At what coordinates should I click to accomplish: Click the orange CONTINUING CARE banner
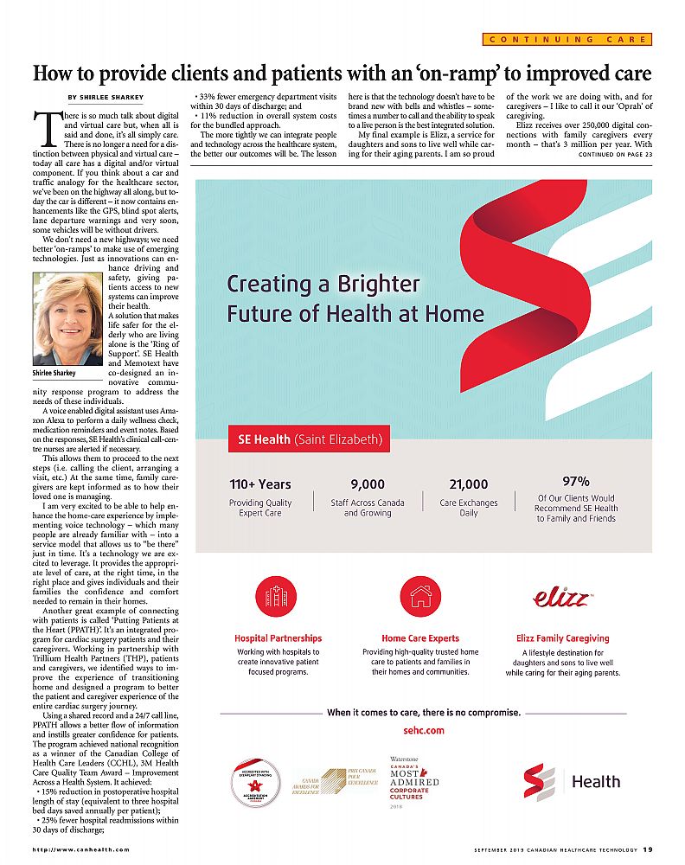click(566, 39)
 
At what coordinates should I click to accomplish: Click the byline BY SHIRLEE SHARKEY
click(106, 96)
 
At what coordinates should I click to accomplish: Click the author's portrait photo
click(67, 319)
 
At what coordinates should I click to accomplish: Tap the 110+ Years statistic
click(260, 484)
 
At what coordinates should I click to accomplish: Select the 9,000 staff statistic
click(367, 484)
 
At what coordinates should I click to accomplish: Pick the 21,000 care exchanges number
click(469, 484)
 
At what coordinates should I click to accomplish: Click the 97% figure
click(576, 481)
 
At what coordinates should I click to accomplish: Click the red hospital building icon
click(278, 596)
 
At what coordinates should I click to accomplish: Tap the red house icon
click(421, 596)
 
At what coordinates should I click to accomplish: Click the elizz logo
click(562, 597)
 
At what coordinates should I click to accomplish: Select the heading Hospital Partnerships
click(278, 638)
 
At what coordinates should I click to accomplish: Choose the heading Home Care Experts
click(420, 638)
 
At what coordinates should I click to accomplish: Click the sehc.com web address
click(424, 730)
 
